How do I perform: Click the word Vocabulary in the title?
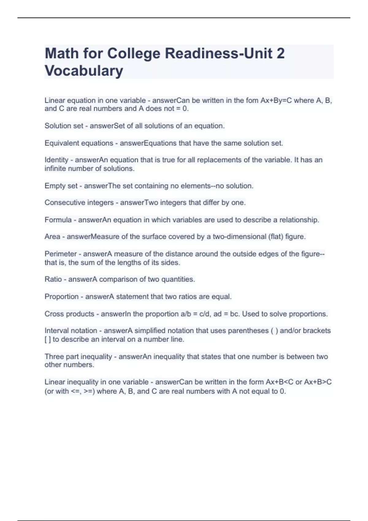(84, 71)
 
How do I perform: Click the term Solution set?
(64, 126)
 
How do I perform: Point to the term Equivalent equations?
(79, 143)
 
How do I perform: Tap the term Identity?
(56, 160)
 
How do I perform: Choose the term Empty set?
(61, 186)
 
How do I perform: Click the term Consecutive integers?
(79, 203)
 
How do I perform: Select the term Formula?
(58, 220)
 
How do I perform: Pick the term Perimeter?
(60, 254)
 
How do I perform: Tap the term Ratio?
(53, 279)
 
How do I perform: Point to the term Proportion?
(61, 297)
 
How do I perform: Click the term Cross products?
(69, 314)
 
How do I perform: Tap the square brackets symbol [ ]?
(48, 340)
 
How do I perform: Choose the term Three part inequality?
(78, 356)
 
